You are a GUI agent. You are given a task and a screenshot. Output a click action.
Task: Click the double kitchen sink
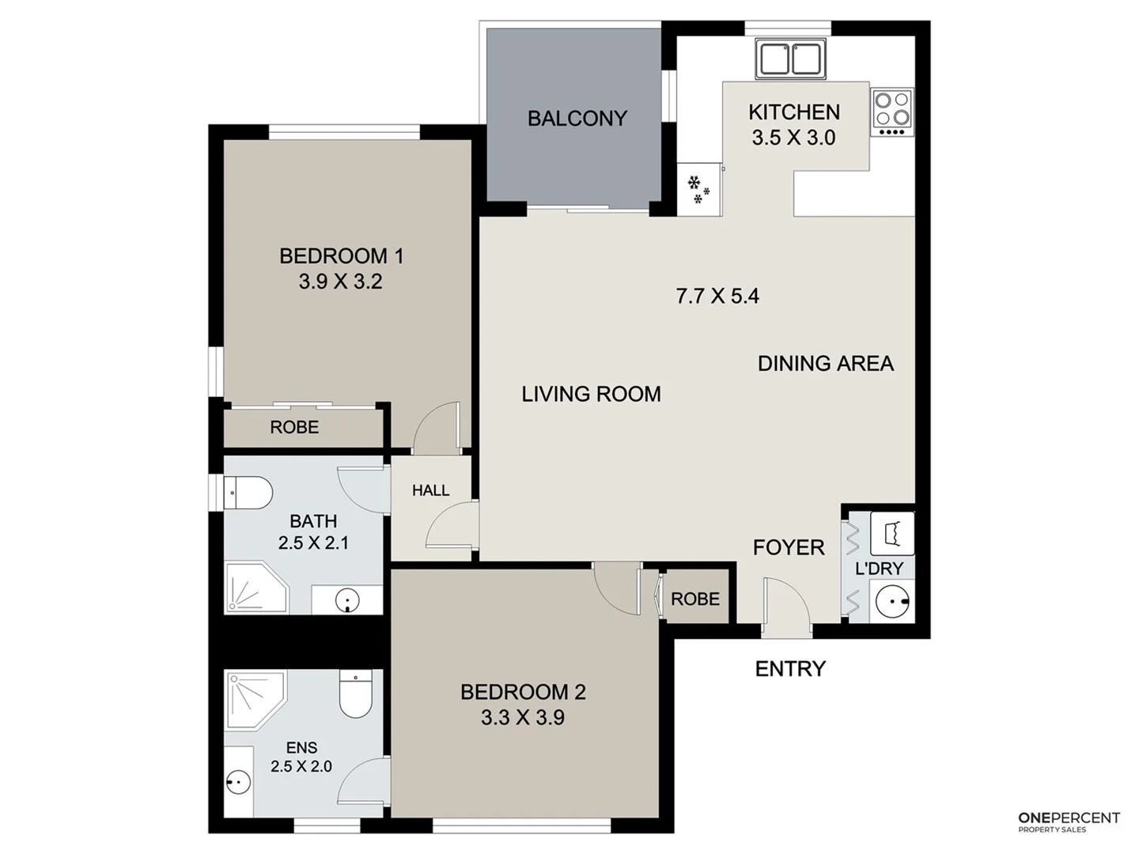click(791, 59)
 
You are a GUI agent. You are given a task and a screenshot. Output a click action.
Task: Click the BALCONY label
click(577, 119)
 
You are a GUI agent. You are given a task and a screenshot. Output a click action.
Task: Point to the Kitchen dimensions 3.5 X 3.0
click(793, 138)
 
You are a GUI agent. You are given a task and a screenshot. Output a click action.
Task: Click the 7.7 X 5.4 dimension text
click(717, 296)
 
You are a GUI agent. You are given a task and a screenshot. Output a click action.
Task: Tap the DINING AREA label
click(825, 364)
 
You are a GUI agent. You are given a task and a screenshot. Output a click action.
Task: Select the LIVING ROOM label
click(591, 394)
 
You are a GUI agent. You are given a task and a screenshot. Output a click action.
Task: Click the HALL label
click(430, 490)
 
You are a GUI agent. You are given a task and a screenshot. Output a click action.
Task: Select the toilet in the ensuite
click(355, 693)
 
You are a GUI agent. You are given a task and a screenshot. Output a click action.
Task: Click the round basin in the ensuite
click(237, 783)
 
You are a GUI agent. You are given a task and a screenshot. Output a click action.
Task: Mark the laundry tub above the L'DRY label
click(892, 534)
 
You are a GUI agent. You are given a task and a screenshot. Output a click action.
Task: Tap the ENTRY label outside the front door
click(789, 669)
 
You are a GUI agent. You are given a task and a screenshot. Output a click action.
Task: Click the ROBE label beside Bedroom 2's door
click(695, 599)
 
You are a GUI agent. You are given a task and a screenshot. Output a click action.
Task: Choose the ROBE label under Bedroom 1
click(294, 427)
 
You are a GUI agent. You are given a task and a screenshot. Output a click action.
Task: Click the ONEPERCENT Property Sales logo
click(1068, 822)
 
